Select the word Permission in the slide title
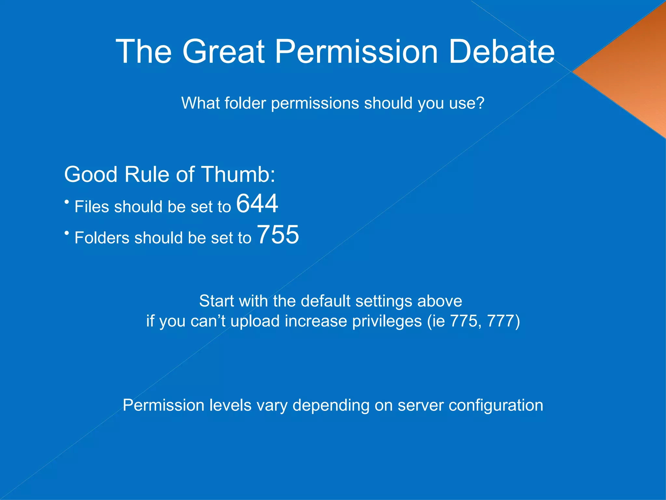pos(356,51)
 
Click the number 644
pos(257,203)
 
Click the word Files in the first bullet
pos(91,207)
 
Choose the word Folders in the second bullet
pos(102,238)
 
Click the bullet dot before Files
pos(67,202)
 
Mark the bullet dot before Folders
pos(67,233)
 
